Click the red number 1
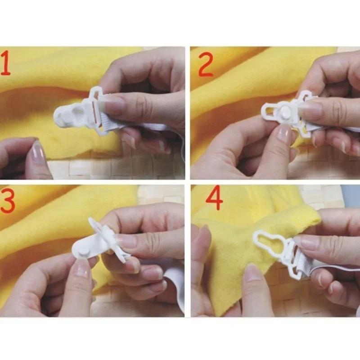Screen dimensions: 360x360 [x=6, y=63]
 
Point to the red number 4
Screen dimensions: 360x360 [x=214, y=198]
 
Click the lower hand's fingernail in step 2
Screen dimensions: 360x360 [x=283, y=134]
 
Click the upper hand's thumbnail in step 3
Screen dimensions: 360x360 [x=127, y=241]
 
